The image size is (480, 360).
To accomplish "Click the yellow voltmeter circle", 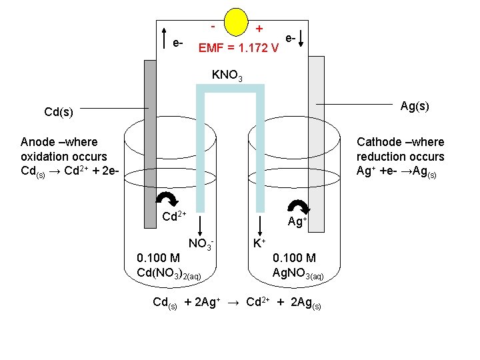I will (x=240, y=21).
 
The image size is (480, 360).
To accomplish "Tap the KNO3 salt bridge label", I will (x=227, y=75).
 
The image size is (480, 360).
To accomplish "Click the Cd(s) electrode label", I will (x=59, y=111).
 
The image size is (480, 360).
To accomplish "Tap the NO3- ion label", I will (x=201, y=244).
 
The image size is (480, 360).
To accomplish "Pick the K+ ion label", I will (x=259, y=244).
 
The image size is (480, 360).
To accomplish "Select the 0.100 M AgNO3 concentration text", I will (x=297, y=265).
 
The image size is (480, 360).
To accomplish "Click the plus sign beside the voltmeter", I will (x=259, y=29).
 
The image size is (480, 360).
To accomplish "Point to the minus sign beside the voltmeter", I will (x=212, y=27).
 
